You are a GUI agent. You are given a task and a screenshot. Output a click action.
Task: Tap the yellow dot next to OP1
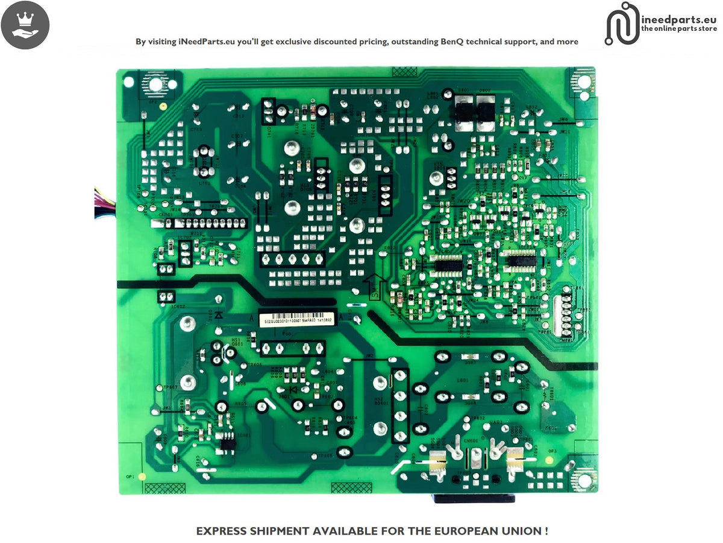142,477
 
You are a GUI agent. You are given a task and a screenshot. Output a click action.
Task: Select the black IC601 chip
228,445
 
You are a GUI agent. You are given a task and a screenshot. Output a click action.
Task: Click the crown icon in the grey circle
25,25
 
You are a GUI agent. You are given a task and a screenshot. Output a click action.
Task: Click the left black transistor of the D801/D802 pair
464,111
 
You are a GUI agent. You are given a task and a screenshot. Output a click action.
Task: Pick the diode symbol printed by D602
218,314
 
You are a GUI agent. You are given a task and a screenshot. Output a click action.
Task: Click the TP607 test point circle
158,387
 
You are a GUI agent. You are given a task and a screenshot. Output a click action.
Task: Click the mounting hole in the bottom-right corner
583,480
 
